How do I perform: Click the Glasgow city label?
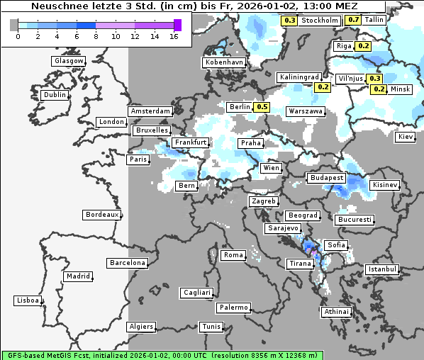pyautogui.click(x=68, y=61)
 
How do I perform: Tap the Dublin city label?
pyautogui.click(x=54, y=95)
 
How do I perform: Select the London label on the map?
pyautogui.click(x=111, y=122)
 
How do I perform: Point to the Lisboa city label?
pyautogui.click(x=28, y=300)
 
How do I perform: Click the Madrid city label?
pyautogui.click(x=77, y=276)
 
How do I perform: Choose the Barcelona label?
pyautogui.click(x=127, y=263)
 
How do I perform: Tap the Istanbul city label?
pyautogui.click(x=382, y=270)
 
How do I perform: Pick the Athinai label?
pyautogui.click(x=336, y=312)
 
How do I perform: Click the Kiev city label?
pyautogui.click(x=406, y=137)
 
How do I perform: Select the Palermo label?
pyautogui.click(x=233, y=308)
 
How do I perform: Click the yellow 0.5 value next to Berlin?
pyautogui.click(x=262, y=107)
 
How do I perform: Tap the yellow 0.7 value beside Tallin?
pyautogui.click(x=354, y=20)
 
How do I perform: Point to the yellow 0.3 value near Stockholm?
pyautogui.click(x=289, y=21)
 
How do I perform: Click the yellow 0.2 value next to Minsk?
pyautogui.click(x=379, y=89)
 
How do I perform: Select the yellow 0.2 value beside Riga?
pyautogui.click(x=364, y=46)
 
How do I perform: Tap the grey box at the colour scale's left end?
pyautogui.click(x=14, y=25)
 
